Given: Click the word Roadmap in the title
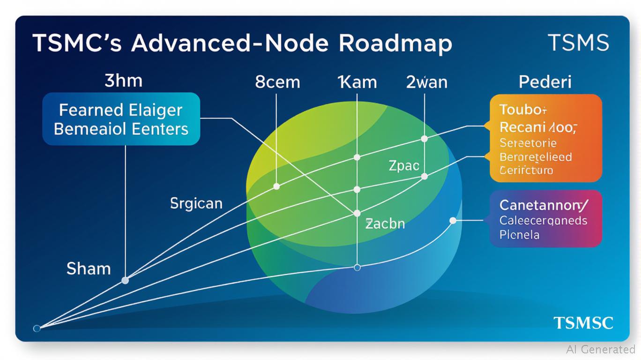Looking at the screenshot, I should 395,44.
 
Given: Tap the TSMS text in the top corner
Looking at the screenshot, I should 578,43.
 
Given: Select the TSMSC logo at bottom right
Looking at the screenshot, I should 583,323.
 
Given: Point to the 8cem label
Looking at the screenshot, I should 277,82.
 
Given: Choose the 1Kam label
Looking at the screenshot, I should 357,82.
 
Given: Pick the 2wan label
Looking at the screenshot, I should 426,82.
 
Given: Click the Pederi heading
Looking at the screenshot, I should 545,82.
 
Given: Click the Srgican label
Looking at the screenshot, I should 196,203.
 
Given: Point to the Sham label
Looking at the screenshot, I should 89,269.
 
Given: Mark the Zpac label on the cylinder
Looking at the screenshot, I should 403,165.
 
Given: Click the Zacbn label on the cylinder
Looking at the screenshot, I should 385,224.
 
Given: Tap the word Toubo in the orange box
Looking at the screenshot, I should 517,110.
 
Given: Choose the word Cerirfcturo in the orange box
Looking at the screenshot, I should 526,170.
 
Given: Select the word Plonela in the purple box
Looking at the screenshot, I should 519,234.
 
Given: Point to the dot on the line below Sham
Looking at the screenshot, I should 125,280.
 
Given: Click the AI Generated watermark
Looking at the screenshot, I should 600,349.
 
